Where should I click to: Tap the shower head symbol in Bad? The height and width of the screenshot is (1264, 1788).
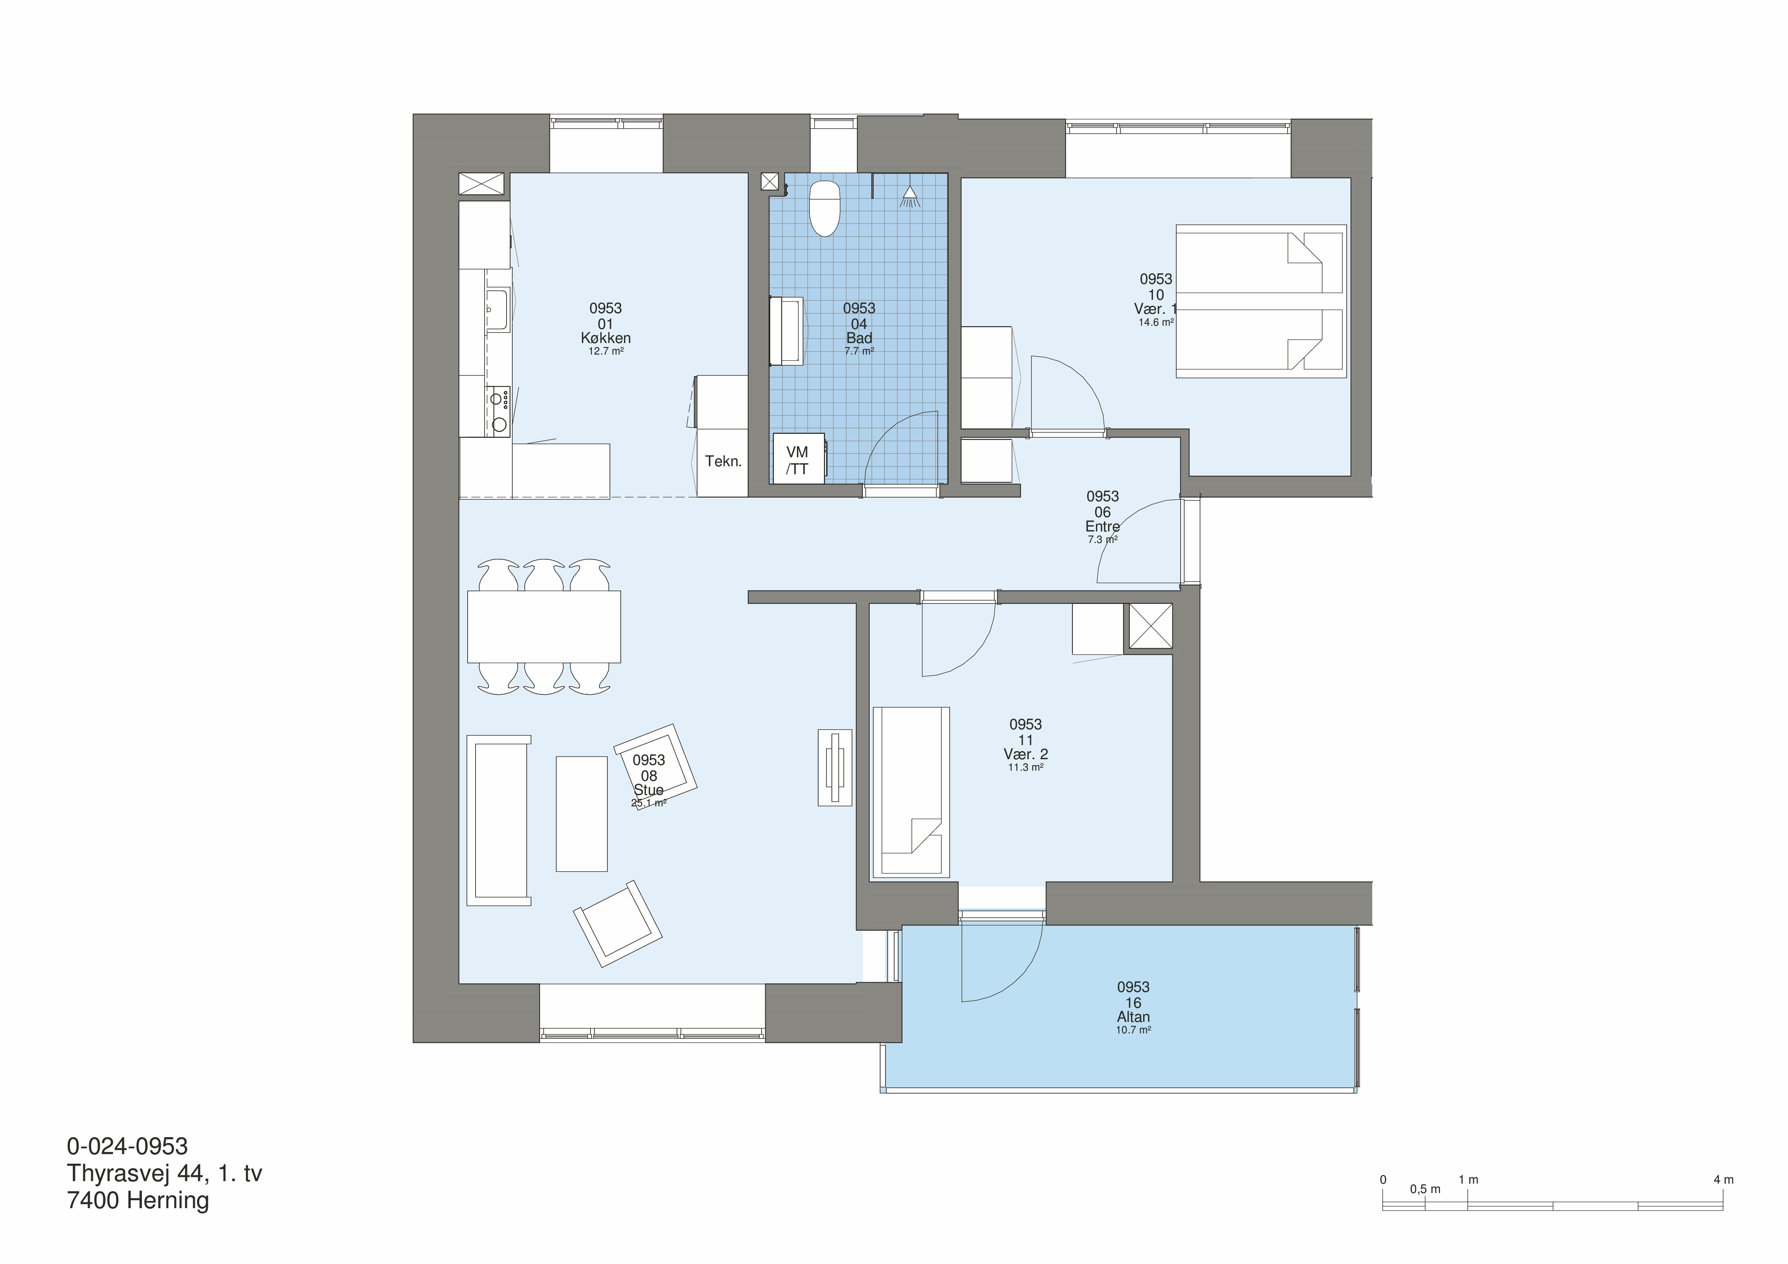[910, 197]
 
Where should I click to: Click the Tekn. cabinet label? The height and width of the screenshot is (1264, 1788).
[723, 461]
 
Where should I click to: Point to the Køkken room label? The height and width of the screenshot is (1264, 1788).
[606, 338]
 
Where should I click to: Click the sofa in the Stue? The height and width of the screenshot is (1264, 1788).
[498, 820]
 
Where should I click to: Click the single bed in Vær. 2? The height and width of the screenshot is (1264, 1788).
[911, 792]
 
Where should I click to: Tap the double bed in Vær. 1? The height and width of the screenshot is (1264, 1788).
[1261, 301]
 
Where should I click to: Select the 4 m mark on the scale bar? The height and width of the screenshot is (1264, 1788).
[1724, 1180]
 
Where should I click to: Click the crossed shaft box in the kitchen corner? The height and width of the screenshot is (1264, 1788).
[481, 184]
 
